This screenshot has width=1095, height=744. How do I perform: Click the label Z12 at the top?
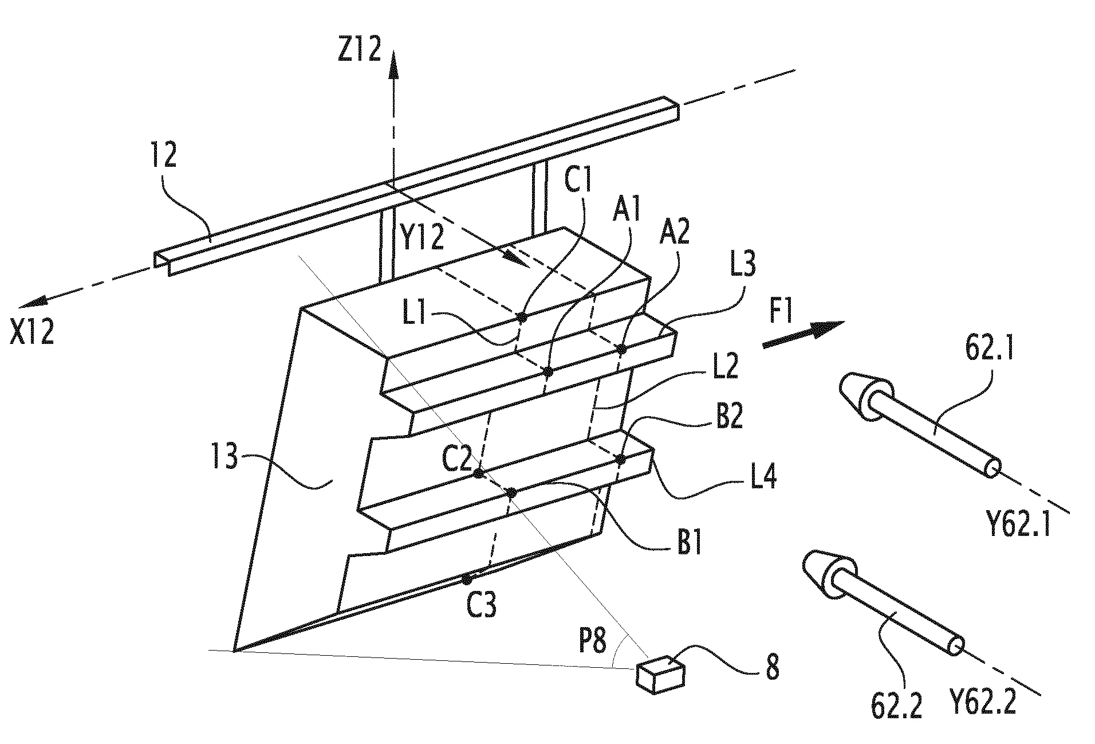coord(359,49)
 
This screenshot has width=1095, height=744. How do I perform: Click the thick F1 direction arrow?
coord(803,334)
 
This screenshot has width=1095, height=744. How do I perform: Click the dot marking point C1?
coord(522,316)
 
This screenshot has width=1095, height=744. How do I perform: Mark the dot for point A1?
coord(548,371)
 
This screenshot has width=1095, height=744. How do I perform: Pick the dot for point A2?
coord(622,348)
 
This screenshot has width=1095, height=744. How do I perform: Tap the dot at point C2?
coord(478,473)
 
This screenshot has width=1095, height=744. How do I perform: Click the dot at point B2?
coord(620,459)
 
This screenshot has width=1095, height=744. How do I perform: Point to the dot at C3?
coord(467,579)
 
